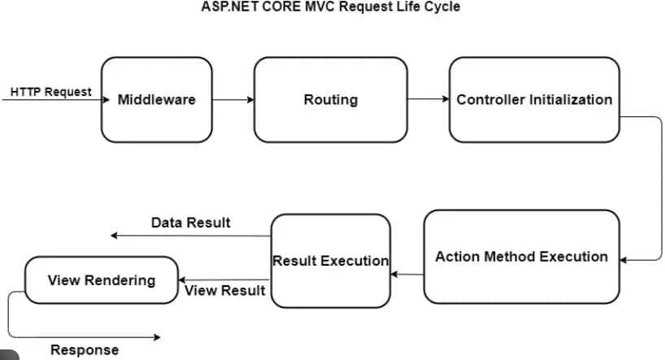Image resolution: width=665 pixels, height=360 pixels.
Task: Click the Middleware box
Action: [157, 99]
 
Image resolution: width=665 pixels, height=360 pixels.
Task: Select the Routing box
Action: [330, 99]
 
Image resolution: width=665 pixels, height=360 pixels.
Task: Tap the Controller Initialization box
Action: [534, 99]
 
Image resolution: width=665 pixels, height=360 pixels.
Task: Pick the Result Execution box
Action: [330, 261]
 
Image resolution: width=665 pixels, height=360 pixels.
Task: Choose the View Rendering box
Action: [101, 280]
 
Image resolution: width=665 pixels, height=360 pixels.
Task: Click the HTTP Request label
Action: [51, 92]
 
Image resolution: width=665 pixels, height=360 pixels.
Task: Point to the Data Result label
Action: [190, 222]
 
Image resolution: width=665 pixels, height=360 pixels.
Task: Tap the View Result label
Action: [225, 290]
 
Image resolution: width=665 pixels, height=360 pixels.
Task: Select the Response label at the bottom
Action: [84, 349]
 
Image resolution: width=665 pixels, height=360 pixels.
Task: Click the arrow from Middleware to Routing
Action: [233, 100]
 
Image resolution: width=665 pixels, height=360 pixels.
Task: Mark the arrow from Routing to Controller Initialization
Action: [428, 100]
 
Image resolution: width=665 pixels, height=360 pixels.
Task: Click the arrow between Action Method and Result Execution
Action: [407, 274]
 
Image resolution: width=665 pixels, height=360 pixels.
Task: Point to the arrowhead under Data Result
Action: [115, 236]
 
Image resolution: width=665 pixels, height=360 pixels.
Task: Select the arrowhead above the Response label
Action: [157, 336]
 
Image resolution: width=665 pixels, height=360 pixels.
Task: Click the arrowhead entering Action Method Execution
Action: [624, 261]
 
